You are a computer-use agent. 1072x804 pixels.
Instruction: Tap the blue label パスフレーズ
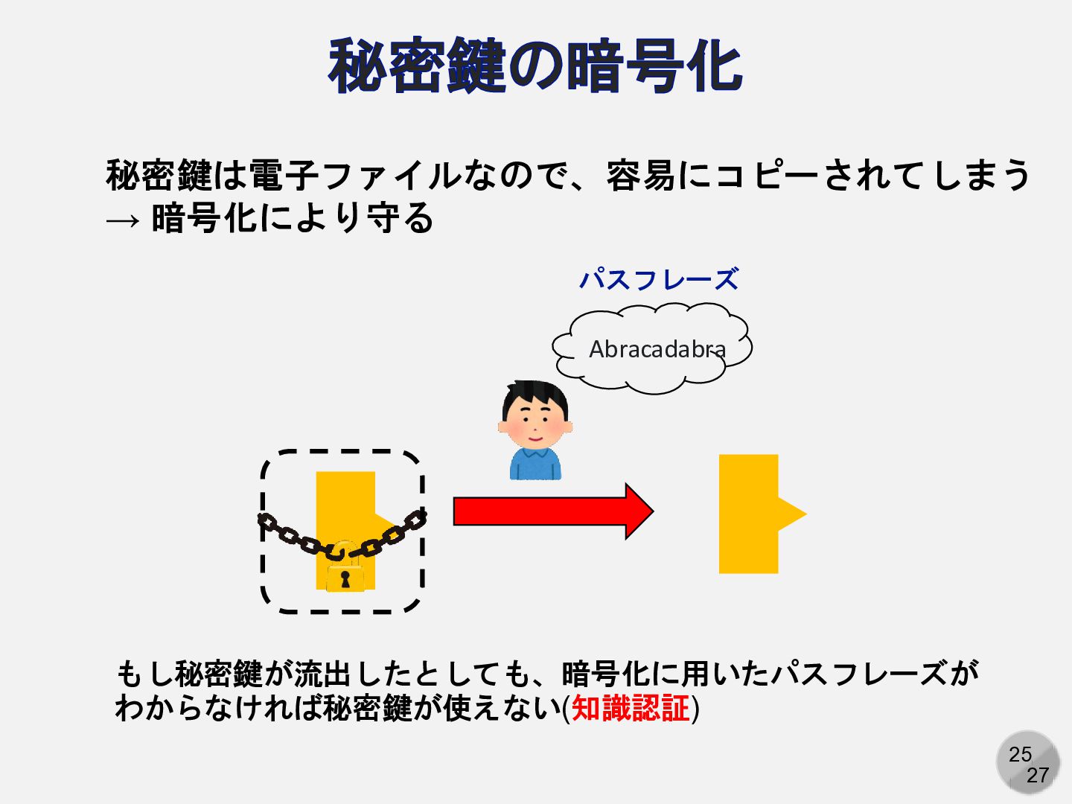pyautogui.click(x=659, y=280)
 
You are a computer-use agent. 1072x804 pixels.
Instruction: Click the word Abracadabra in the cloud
pyautogui.click(x=657, y=348)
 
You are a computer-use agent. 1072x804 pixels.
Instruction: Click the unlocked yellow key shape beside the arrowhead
pyautogui.click(x=748, y=514)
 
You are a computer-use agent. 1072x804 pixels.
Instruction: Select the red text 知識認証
pyautogui.click(x=631, y=708)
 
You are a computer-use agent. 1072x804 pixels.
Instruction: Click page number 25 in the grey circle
pyautogui.click(x=1020, y=754)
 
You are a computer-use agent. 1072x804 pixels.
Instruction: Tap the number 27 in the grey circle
pyautogui.click(x=1038, y=776)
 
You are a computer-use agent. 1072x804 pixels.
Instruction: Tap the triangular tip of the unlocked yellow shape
pyautogui.click(x=794, y=514)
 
